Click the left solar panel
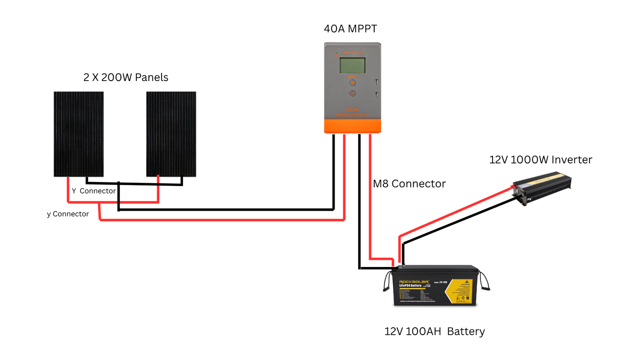point(78,134)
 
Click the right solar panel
point(171,134)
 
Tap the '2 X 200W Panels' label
point(126,77)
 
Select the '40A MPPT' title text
point(351,29)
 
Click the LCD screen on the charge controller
point(352,66)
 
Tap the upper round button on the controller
point(352,83)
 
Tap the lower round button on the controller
point(352,94)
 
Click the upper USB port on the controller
point(376,82)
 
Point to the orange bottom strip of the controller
point(353,126)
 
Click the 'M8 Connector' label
point(409,184)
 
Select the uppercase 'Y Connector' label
point(94,191)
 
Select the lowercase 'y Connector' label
point(68,214)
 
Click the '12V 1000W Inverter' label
point(540,160)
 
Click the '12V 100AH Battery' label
point(434,331)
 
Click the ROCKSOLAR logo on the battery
point(414,282)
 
